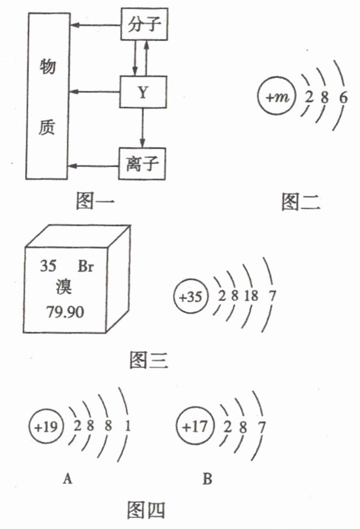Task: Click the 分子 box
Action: click(x=143, y=26)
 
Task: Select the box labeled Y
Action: click(x=142, y=91)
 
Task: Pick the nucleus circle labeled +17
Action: click(x=194, y=426)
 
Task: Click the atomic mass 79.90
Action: click(x=64, y=311)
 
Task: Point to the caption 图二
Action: click(x=301, y=202)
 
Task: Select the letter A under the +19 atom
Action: click(x=67, y=480)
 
